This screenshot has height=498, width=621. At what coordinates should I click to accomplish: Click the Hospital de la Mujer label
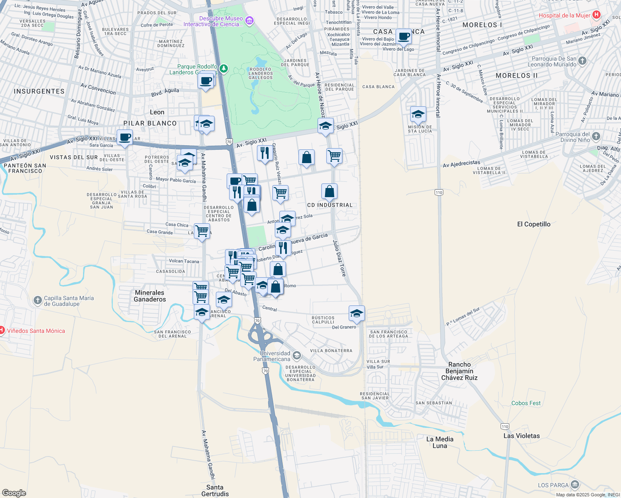click(564, 15)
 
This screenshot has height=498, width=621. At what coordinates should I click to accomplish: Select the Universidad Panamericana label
click(272, 356)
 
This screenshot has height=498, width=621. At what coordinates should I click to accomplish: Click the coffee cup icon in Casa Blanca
click(403, 37)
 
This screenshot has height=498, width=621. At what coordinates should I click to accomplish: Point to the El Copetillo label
click(533, 224)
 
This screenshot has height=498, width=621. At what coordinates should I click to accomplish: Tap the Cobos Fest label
click(526, 403)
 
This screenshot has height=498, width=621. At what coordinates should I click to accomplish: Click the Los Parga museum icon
click(575, 484)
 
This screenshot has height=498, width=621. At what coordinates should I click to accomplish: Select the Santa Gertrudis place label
click(215, 491)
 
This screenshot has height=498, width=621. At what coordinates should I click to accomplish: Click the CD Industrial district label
click(330, 205)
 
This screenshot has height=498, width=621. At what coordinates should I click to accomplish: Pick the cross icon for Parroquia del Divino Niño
click(596, 136)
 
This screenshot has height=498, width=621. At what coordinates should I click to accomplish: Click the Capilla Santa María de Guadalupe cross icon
click(38, 300)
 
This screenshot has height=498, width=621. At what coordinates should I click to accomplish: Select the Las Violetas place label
click(521, 436)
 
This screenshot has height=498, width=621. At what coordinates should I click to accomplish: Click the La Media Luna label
click(440, 442)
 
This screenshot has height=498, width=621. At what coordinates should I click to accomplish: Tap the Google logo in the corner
click(14, 493)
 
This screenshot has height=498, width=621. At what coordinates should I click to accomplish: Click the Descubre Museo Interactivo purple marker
click(249, 20)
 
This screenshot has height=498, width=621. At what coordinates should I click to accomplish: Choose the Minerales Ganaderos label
click(149, 296)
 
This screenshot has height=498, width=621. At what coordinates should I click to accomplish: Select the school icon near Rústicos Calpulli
click(357, 313)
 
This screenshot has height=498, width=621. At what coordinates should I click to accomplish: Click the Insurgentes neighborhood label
click(39, 91)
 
